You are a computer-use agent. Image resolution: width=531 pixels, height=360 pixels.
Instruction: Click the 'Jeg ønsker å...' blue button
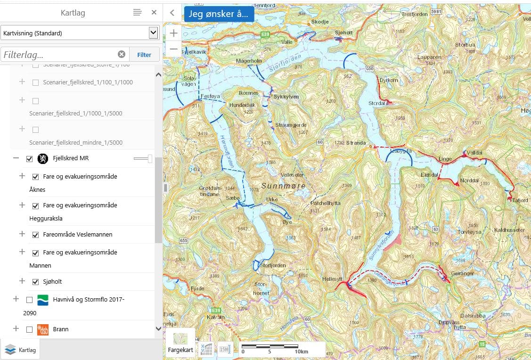point(219,14)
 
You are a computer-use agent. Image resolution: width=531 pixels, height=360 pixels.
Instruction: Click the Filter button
point(144,55)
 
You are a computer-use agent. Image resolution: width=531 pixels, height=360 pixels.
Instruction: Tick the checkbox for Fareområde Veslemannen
point(35,235)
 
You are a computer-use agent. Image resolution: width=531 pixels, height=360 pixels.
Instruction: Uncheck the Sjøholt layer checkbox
point(35,282)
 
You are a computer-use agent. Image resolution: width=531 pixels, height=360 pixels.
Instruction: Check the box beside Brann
point(29,329)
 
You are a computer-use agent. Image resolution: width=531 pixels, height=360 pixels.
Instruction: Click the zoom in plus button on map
point(174,33)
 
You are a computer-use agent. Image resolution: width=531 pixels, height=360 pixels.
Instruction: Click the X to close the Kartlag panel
point(154,13)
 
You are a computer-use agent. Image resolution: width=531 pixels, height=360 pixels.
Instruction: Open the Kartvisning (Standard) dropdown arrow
point(153,33)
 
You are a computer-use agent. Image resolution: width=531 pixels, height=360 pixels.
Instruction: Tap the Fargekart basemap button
point(180,342)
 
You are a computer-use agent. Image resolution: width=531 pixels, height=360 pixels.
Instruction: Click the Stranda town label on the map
point(356,142)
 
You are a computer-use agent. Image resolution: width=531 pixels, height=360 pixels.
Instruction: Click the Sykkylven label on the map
point(286,97)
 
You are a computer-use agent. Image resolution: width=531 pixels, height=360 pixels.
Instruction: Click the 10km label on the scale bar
point(302,352)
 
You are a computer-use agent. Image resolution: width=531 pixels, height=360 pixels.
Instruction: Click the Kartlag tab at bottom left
point(20,350)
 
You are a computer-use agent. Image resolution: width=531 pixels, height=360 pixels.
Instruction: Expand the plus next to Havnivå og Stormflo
point(16,299)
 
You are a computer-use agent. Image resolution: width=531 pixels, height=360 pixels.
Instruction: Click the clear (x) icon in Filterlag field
point(122,54)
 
